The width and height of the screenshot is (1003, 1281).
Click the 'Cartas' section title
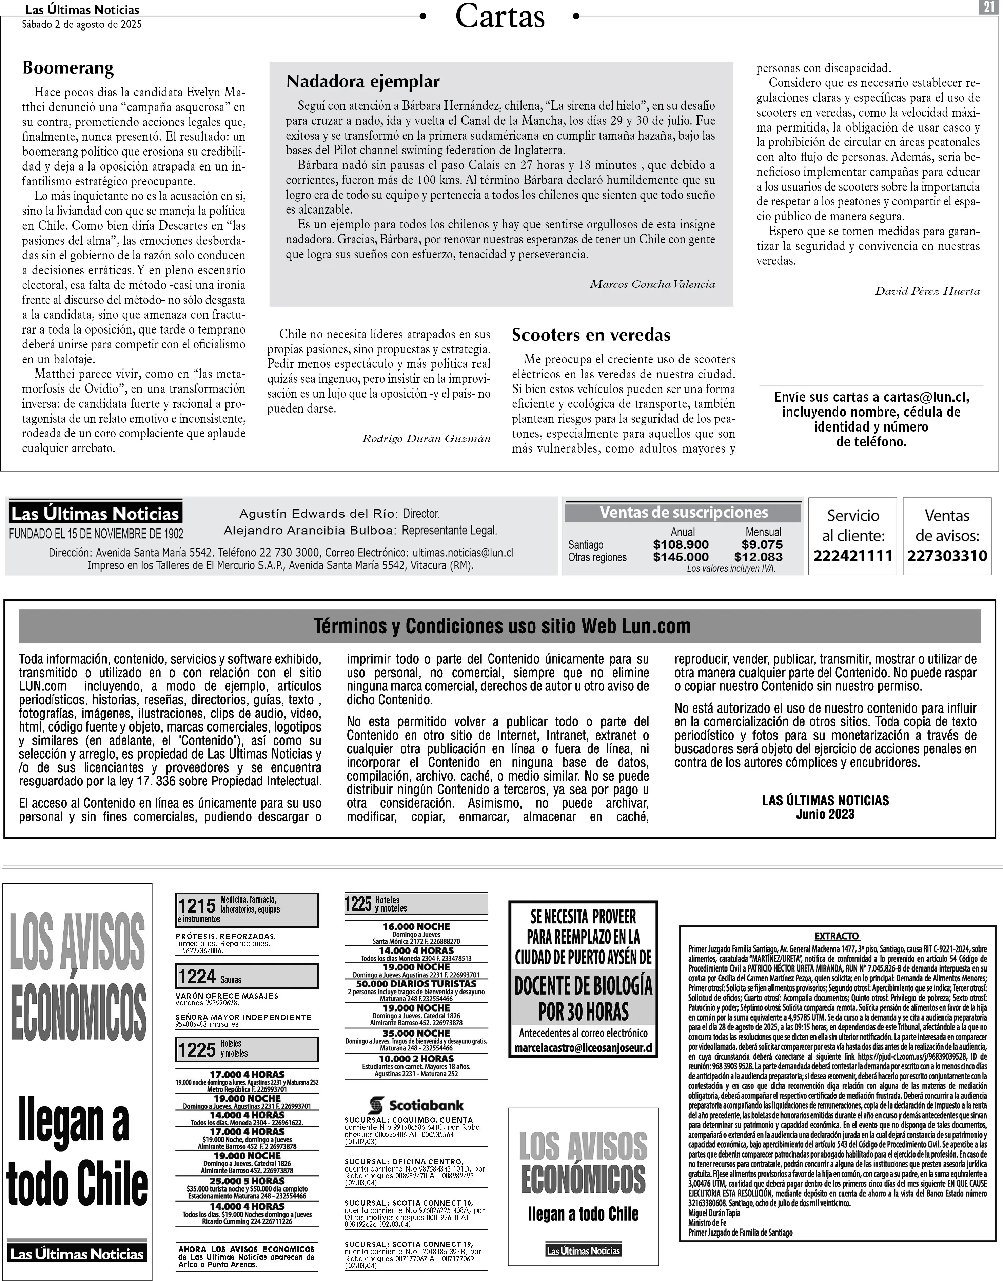[x=500, y=16]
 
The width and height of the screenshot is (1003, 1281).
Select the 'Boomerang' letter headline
[x=68, y=68]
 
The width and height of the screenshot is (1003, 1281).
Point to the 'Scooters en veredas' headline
[x=591, y=335]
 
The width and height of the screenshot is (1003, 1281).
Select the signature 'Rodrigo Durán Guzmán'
[x=426, y=439]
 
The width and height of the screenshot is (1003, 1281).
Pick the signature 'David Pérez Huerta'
[x=927, y=291]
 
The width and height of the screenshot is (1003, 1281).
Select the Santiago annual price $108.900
[x=681, y=545]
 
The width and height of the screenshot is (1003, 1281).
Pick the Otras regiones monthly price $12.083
[x=758, y=557]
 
